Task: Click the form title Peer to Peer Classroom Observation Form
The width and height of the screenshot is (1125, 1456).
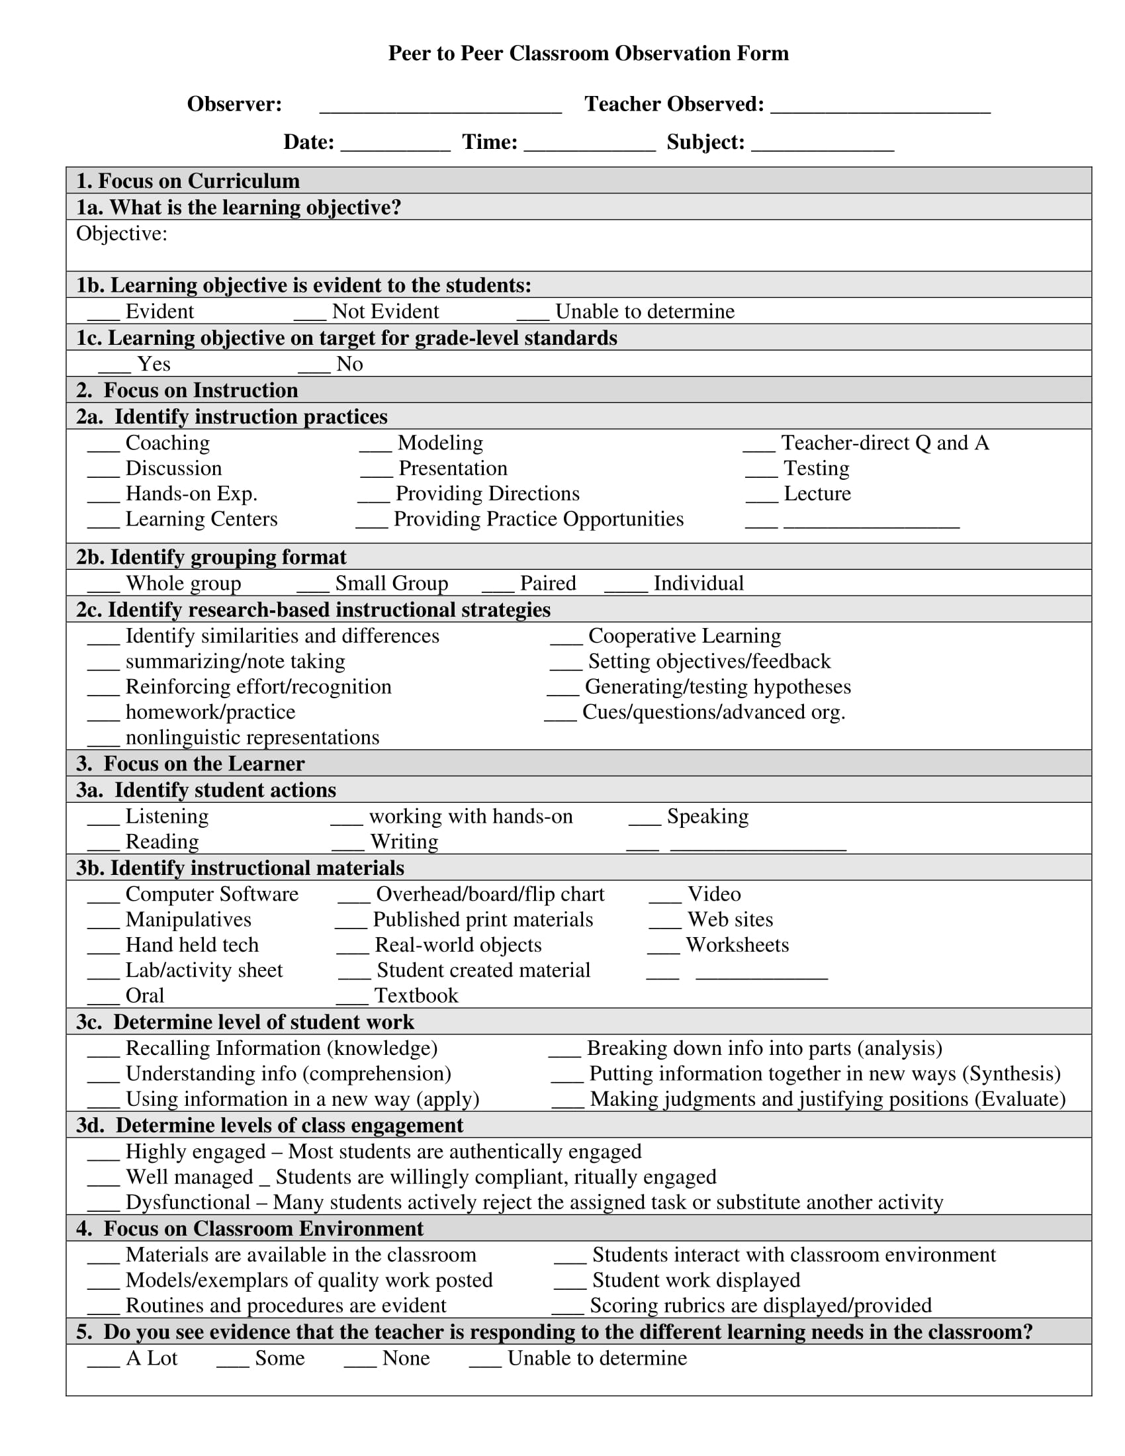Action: click(x=588, y=54)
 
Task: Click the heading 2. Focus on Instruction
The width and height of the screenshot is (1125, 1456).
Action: click(x=187, y=390)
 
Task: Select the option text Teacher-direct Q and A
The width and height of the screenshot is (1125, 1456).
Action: click(x=884, y=443)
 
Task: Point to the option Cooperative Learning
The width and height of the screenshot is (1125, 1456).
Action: click(x=684, y=636)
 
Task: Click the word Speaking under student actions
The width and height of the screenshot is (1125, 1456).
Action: click(x=707, y=816)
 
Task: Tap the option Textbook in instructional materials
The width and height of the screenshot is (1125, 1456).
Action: click(x=416, y=995)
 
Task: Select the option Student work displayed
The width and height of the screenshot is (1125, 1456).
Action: click(x=696, y=1280)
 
